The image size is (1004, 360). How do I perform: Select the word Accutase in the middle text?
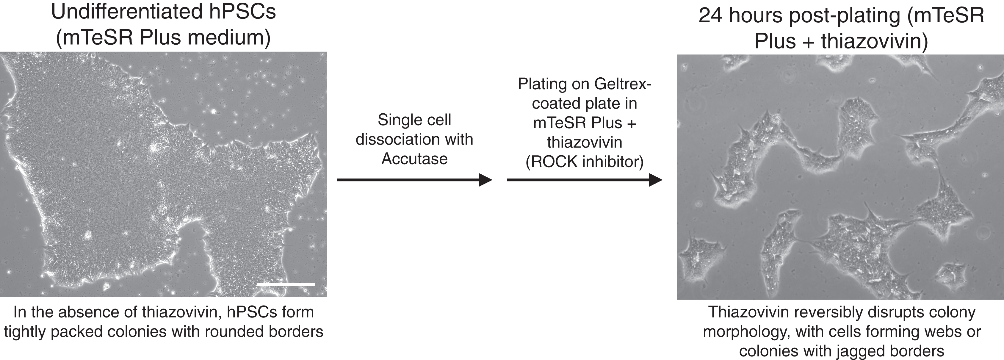414,159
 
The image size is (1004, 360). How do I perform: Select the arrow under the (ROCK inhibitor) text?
584,180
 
